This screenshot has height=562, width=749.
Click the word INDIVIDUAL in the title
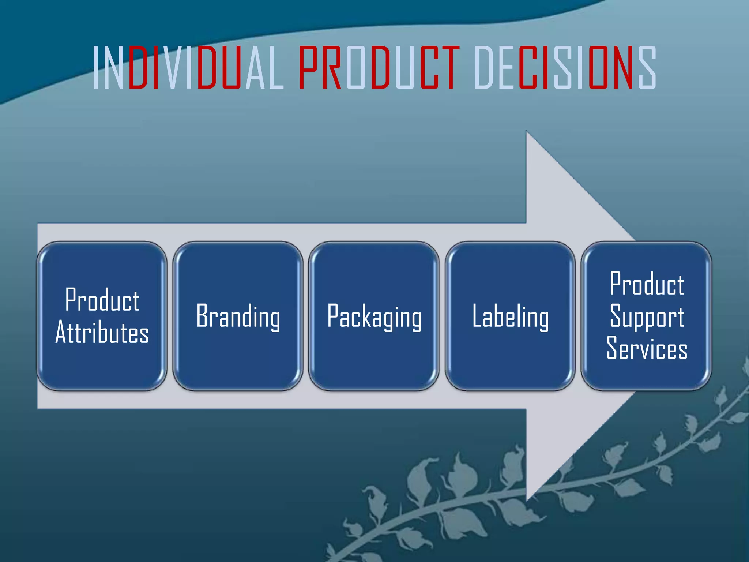coord(188,68)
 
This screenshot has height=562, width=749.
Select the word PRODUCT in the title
coord(379,68)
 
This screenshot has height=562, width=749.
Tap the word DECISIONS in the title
coord(565,68)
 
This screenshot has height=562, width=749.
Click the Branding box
coord(238,316)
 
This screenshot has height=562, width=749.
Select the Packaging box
coord(374,316)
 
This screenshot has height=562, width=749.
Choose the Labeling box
coord(510,316)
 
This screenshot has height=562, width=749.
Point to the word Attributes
coord(102,332)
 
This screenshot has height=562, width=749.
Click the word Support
coord(647,316)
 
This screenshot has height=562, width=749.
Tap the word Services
coord(647,348)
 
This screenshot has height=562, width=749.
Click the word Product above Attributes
coord(102,300)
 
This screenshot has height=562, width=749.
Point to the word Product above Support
coord(647,284)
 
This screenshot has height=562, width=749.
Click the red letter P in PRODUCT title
coord(308,68)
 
